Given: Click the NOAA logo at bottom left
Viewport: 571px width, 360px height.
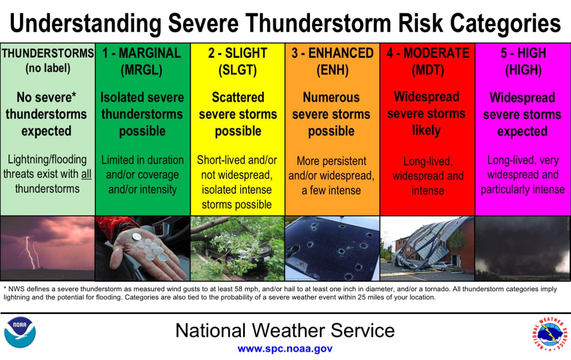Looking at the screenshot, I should click(20, 332).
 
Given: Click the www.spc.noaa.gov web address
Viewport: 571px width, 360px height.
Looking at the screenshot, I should click(285, 349).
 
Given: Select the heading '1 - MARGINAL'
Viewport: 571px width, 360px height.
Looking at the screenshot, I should click(142, 54).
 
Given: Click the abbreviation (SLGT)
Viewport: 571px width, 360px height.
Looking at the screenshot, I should click(237, 70).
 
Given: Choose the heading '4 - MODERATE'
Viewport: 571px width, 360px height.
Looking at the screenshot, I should click(428, 54).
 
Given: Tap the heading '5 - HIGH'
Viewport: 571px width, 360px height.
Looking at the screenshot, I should click(523, 54).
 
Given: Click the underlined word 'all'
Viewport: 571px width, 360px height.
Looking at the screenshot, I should click(86, 174).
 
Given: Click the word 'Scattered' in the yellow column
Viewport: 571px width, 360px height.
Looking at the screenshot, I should click(237, 97).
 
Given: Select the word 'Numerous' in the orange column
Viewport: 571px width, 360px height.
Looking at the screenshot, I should click(331, 97).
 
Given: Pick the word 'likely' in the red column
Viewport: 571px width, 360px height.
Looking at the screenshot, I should click(426, 131).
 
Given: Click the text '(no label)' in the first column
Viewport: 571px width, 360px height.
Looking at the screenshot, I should click(47, 69).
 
